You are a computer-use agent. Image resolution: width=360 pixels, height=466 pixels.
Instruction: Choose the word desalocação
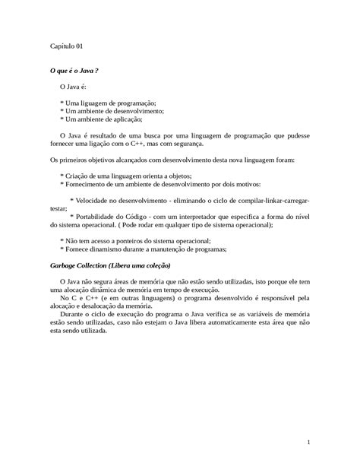click(98, 306)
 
